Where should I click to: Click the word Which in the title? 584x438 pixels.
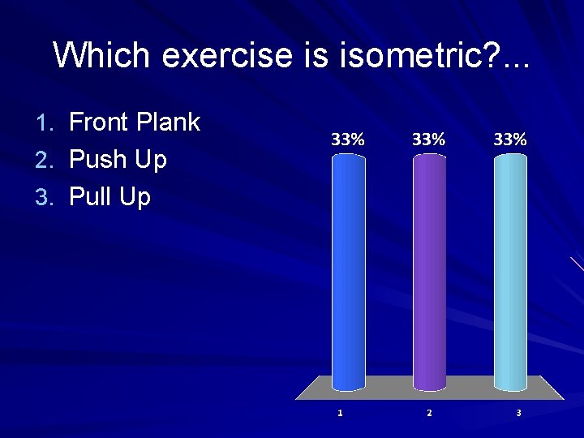(101, 55)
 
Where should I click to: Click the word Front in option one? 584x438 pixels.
(99, 122)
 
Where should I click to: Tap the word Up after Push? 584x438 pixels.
(151, 160)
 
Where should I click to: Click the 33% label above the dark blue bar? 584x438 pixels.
(348, 140)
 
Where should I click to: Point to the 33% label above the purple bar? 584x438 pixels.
(429, 140)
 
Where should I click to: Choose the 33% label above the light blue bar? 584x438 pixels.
(510, 140)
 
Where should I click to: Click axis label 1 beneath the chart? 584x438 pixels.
(340, 413)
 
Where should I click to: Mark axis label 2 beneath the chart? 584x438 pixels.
(429, 413)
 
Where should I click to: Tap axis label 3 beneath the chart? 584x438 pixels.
(518, 413)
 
